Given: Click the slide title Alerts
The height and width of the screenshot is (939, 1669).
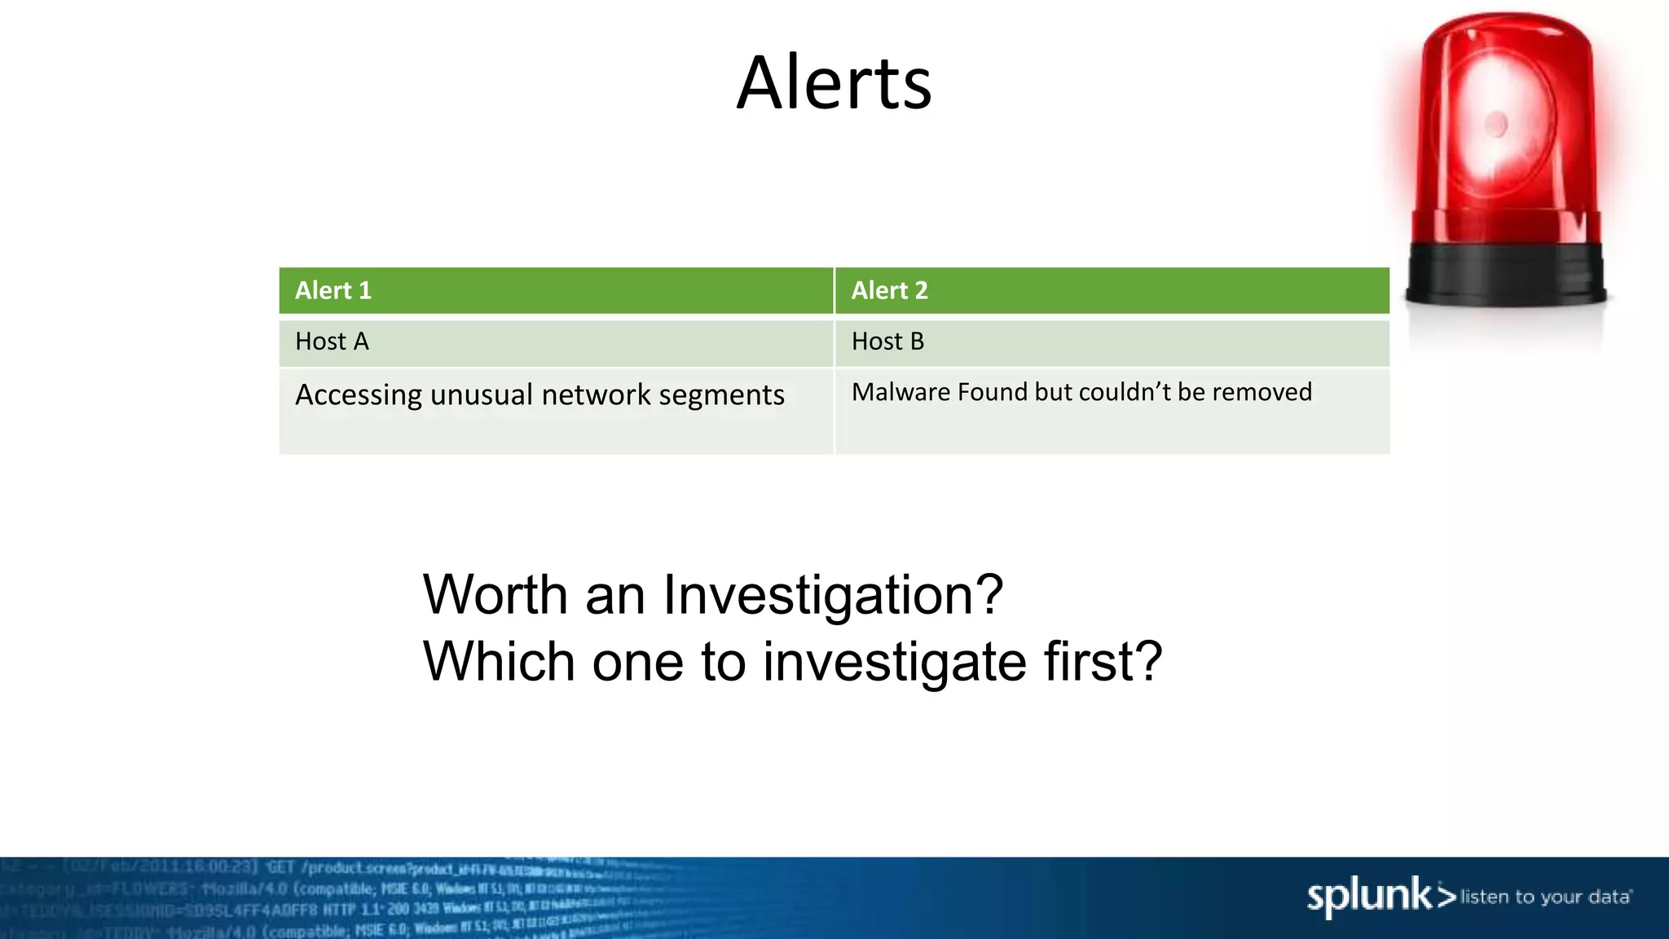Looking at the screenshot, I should click(x=834, y=83).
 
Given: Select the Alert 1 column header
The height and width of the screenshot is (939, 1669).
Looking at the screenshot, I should click(x=333, y=291).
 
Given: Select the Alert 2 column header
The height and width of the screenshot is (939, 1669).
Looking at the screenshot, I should click(x=889, y=291).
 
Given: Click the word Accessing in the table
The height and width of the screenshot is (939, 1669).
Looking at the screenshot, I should click(x=359, y=395).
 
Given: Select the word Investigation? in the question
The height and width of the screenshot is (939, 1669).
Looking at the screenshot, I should click(x=832, y=595).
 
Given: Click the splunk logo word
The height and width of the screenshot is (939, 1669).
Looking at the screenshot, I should click(x=1369, y=897).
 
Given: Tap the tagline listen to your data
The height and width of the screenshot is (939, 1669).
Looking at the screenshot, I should click(x=1545, y=897).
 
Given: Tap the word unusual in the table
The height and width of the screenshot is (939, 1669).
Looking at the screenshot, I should click(x=481, y=395).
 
